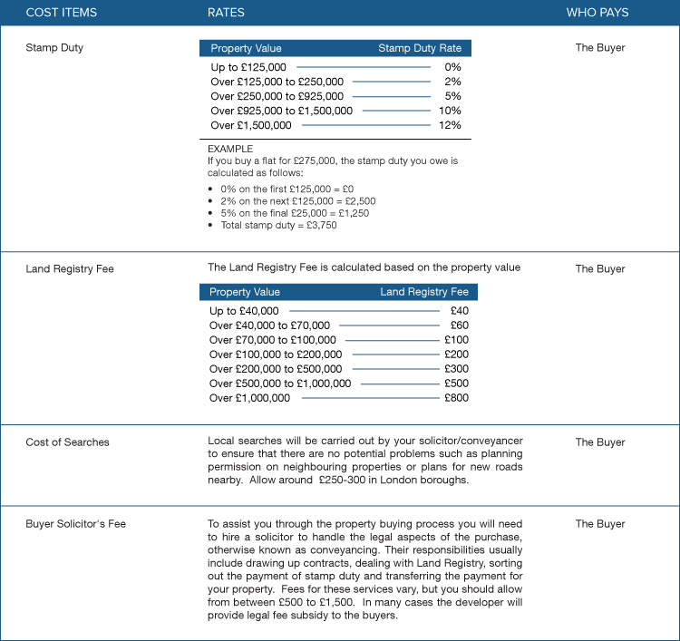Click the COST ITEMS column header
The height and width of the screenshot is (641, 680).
[x=61, y=13]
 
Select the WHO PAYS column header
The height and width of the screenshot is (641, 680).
[x=597, y=13]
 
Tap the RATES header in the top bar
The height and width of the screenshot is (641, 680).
[x=226, y=13]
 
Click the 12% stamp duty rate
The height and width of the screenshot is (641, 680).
[x=450, y=125]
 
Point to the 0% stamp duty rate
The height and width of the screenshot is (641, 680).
[x=452, y=67]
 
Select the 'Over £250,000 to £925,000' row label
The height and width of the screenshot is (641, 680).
[x=277, y=96]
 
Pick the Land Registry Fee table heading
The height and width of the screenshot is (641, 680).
[x=423, y=292]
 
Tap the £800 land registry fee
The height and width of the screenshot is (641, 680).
[x=456, y=398]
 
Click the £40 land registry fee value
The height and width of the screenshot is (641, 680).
[x=459, y=311]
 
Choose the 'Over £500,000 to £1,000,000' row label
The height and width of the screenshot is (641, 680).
[x=279, y=384]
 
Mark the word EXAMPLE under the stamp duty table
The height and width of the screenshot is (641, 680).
[x=230, y=149]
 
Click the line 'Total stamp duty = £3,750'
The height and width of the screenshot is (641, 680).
[x=278, y=225]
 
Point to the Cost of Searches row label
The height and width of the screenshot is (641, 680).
[x=67, y=442]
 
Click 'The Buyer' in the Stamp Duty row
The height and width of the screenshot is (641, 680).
[x=600, y=48]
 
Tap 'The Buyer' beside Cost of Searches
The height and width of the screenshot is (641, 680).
[x=600, y=442]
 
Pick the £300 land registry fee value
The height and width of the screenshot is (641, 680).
[x=456, y=369]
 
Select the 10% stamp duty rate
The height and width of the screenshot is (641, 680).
[x=450, y=111]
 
